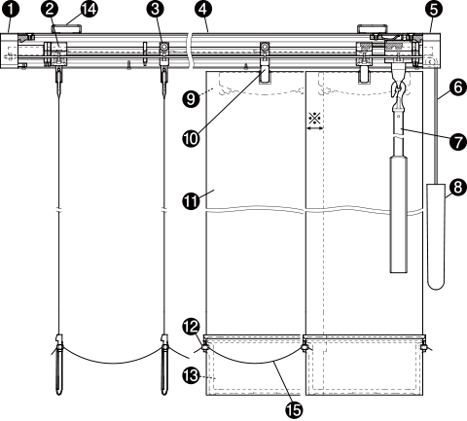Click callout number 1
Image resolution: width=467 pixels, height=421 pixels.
[x=11, y=9]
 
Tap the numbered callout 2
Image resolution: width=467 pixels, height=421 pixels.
[x=50, y=9]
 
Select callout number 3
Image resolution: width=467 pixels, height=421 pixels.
[x=156, y=9]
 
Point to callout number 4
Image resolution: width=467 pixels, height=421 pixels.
[x=202, y=9]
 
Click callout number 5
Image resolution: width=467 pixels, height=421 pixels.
[x=434, y=10]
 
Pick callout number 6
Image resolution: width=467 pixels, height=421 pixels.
[x=457, y=88]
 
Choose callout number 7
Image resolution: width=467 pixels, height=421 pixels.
[x=457, y=142]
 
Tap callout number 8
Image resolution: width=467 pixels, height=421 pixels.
[x=457, y=188]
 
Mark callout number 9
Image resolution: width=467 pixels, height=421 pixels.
[x=191, y=98]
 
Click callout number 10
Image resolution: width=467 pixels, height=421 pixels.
[x=192, y=139]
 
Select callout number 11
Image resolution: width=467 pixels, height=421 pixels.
[x=192, y=200]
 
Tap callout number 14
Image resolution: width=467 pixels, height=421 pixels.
[x=89, y=9]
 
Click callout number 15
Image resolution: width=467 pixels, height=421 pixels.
[x=294, y=410]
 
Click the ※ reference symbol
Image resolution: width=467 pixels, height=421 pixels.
[x=314, y=119]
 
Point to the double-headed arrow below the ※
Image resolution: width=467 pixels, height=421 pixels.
[x=315, y=128]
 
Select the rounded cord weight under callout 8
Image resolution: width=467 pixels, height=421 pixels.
[x=436, y=236]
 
